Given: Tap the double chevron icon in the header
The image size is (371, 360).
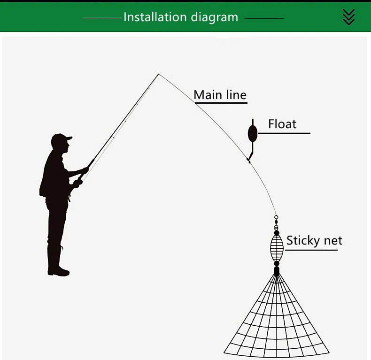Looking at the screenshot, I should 348,17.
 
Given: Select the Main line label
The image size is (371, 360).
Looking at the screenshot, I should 220,95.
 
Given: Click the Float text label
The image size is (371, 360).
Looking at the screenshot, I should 282,124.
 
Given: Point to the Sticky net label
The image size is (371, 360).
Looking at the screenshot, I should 314,241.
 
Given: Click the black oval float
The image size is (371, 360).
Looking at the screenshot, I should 253,133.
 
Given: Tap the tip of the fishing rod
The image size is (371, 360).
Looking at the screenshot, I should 159,74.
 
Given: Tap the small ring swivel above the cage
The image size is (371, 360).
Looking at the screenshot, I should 276,218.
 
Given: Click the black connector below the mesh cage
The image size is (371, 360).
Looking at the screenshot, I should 277,269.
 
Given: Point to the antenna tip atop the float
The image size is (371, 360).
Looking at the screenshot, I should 253,121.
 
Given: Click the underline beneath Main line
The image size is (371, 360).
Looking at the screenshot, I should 220,102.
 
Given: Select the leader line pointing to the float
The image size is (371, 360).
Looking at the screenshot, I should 284,133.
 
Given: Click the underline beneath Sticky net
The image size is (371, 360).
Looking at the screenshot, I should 311,250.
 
